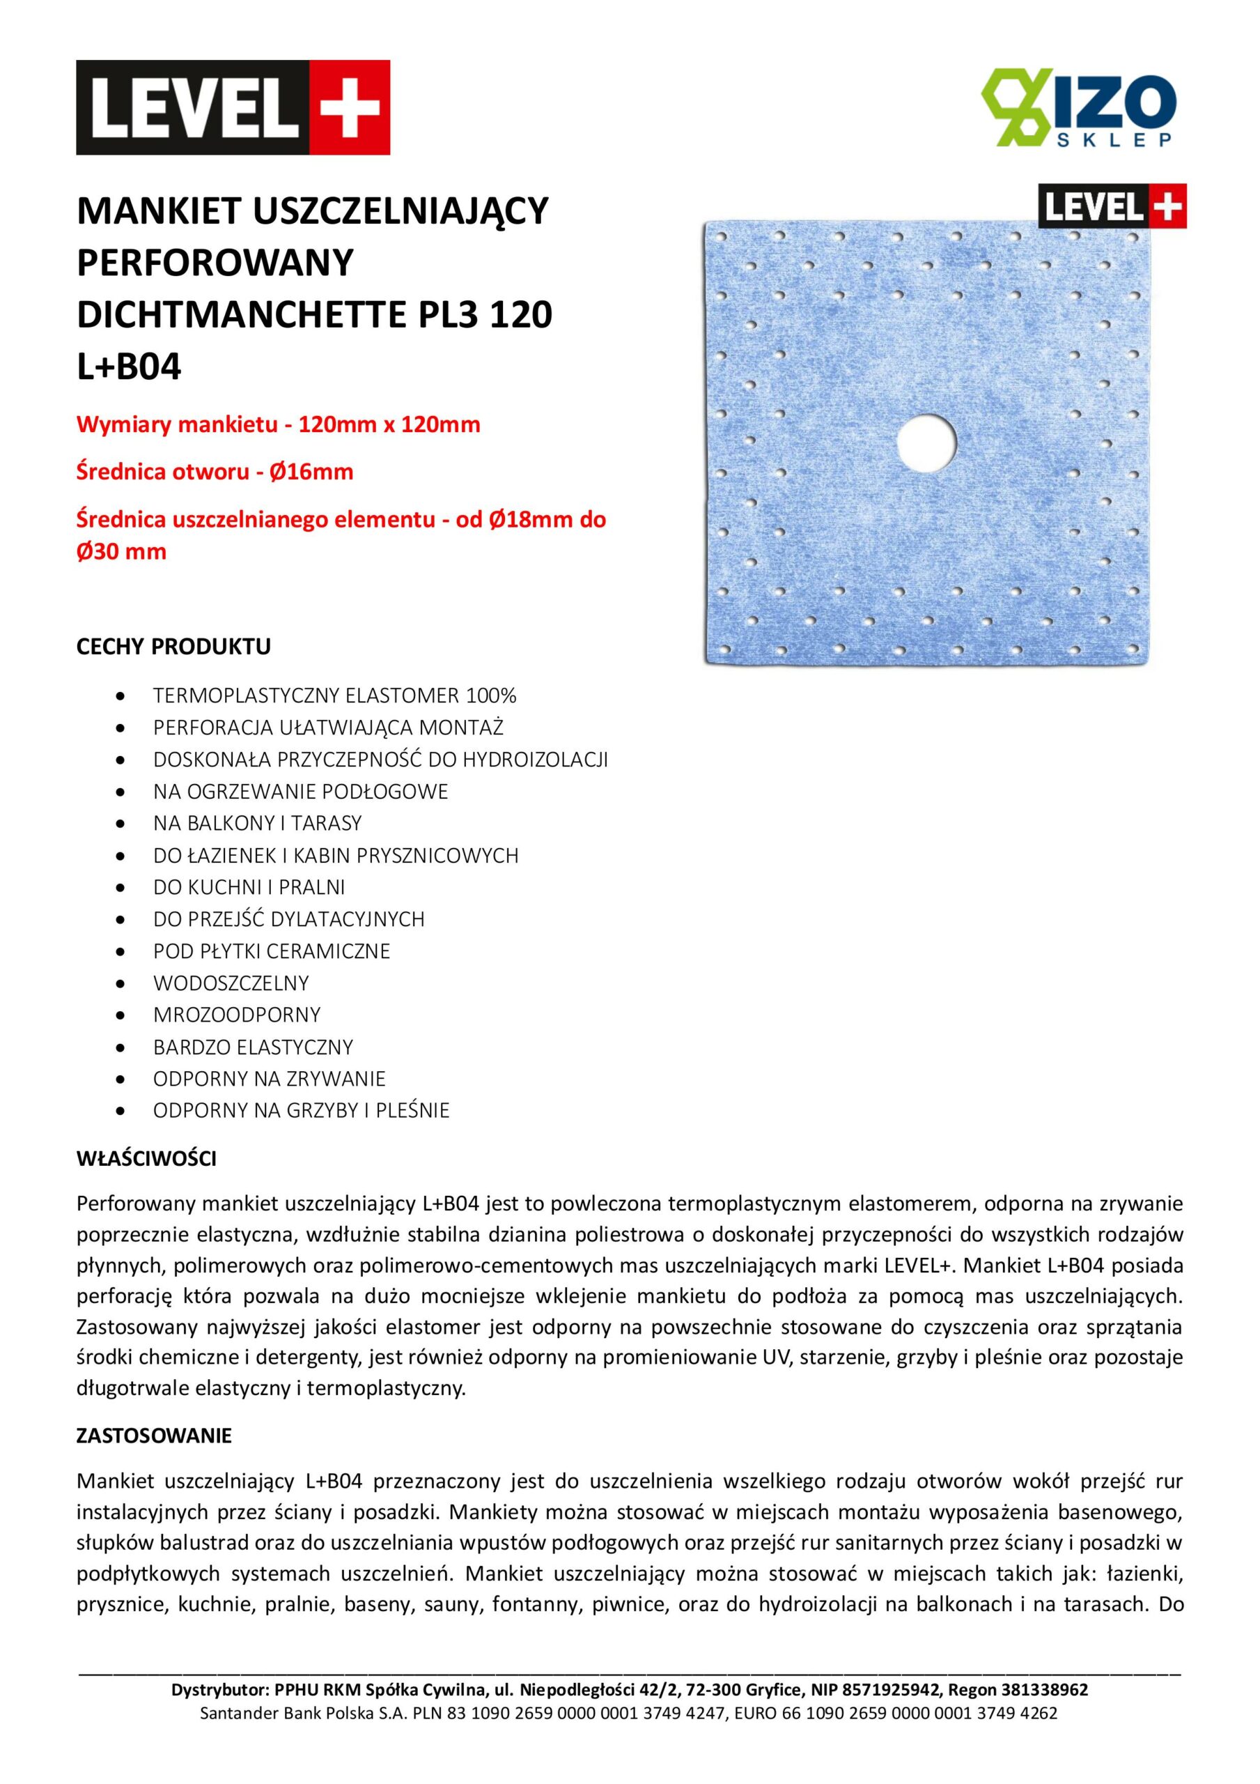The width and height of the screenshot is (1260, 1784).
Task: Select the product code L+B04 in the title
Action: pos(129,367)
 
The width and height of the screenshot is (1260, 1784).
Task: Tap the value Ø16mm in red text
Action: pos(311,472)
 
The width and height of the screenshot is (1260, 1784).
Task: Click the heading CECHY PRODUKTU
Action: pos(173,647)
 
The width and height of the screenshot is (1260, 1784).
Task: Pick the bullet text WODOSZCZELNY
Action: pos(231,983)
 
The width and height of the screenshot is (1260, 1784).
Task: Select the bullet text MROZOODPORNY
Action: pos(237,1015)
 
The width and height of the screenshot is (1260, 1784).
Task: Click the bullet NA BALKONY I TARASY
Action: pos(257,823)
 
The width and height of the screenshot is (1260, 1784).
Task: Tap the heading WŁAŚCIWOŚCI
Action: pos(146,1158)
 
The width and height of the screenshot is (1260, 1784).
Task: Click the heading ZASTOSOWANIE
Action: pos(154,1436)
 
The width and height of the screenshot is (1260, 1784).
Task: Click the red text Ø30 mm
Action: pos(121,552)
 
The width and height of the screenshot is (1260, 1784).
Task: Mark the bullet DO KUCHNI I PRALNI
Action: pos(249,887)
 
